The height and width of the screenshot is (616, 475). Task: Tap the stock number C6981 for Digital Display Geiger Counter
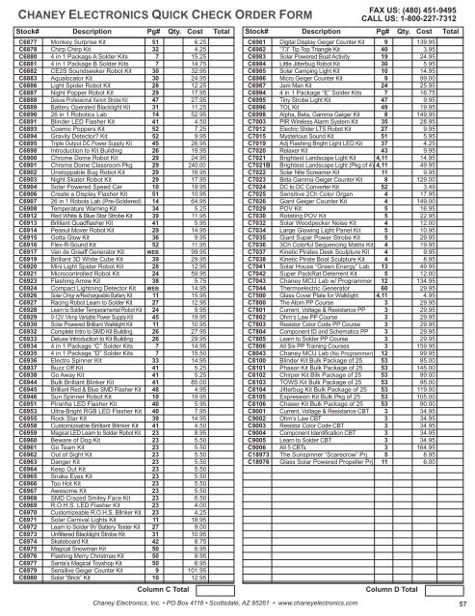pos(260,44)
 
